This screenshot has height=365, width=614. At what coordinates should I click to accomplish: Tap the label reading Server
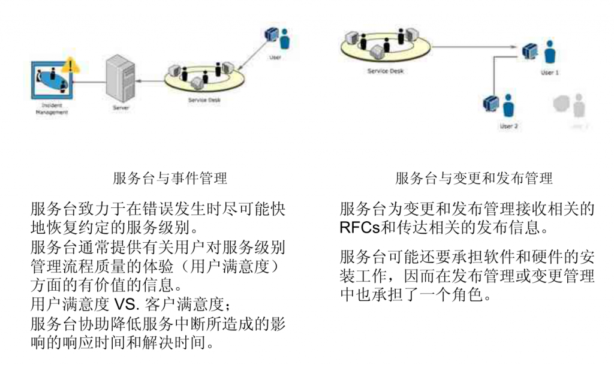120,108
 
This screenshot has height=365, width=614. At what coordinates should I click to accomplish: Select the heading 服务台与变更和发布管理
474,178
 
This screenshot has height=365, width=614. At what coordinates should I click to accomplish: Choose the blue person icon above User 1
550,53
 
